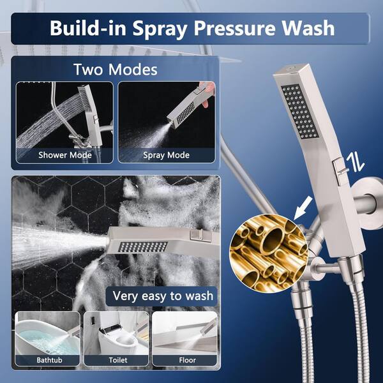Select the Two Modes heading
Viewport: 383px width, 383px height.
(x=116, y=70)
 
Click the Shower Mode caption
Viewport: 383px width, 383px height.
(x=65, y=155)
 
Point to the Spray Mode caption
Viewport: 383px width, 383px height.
(x=167, y=155)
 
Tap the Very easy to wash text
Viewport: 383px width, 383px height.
(x=163, y=296)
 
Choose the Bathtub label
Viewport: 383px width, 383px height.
(x=49, y=360)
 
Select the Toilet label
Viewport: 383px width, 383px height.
(x=118, y=360)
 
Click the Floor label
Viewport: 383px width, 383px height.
(x=187, y=360)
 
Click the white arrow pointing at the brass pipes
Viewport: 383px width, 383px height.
(x=303, y=208)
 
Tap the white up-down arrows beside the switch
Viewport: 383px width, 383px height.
(x=356, y=162)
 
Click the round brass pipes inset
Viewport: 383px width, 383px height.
(x=269, y=253)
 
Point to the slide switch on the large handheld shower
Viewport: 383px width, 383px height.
(x=340, y=171)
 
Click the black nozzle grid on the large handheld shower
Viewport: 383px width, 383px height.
(x=299, y=111)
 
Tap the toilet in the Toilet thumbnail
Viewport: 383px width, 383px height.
(x=117, y=338)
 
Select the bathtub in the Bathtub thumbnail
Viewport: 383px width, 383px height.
(x=47, y=337)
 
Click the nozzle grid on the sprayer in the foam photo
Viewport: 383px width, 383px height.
(x=142, y=247)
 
